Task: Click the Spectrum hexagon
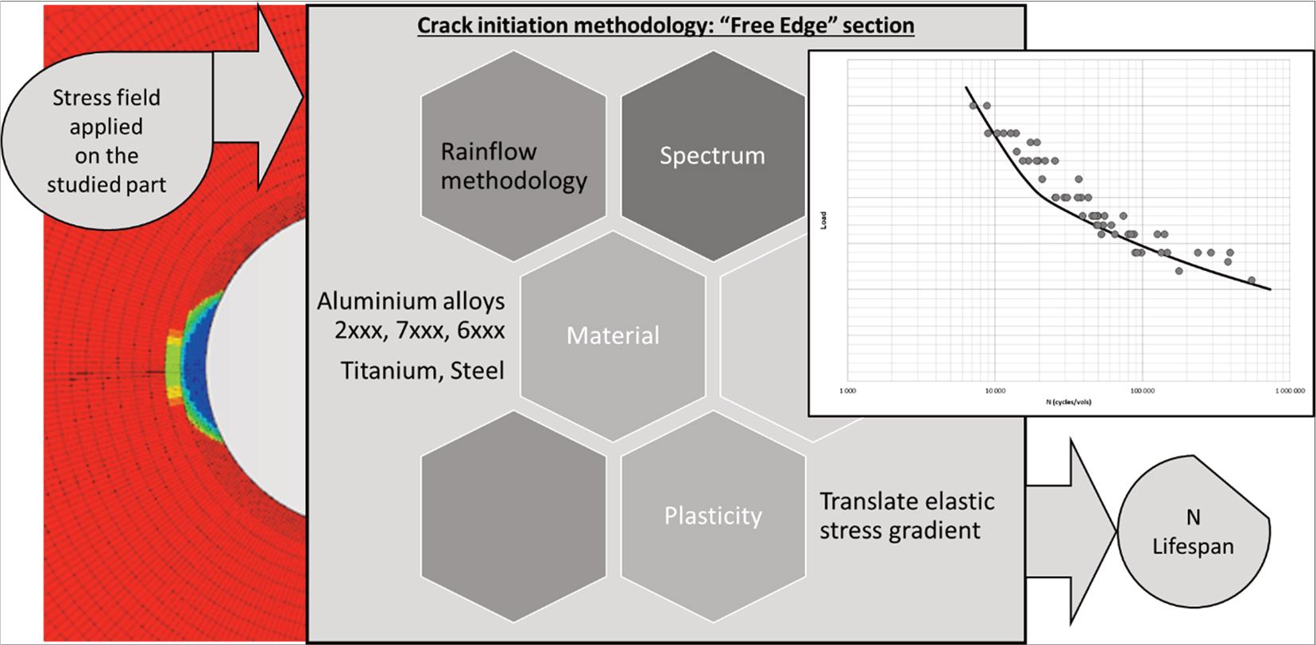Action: (712, 156)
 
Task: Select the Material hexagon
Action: (613, 335)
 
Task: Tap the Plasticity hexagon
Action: (713, 516)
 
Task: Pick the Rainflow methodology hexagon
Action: (513, 165)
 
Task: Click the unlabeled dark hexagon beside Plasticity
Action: (513, 516)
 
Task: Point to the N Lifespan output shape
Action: (1192, 532)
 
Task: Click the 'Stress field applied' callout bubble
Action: (106, 141)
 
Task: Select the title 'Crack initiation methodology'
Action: (665, 25)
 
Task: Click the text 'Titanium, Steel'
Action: (422, 371)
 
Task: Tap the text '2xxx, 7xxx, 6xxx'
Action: (419, 330)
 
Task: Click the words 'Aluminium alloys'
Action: (411, 301)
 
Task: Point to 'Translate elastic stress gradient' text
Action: (907, 516)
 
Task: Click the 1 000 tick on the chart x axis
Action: (847, 391)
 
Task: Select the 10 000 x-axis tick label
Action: (994, 391)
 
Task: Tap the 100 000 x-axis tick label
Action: (1142, 391)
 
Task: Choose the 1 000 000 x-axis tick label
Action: (1288, 391)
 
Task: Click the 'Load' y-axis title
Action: (824, 220)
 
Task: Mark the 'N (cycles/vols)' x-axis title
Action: (1069, 402)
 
